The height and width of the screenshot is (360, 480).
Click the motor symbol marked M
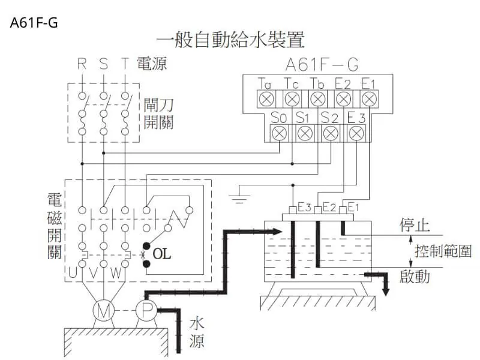coord(103,311)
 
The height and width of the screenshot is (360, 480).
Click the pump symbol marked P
coord(146,311)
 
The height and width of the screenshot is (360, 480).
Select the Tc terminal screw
coord(292,98)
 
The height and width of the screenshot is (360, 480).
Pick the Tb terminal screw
coord(318,98)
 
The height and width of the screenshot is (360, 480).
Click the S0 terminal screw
coord(278,133)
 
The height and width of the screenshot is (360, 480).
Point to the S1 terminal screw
coord(304,133)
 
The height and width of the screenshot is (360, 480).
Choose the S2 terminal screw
coord(329,133)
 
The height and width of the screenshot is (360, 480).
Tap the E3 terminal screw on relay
coord(355,133)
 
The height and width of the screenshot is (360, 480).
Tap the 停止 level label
coord(415,226)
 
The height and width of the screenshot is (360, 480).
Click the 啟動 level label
coord(415,277)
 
